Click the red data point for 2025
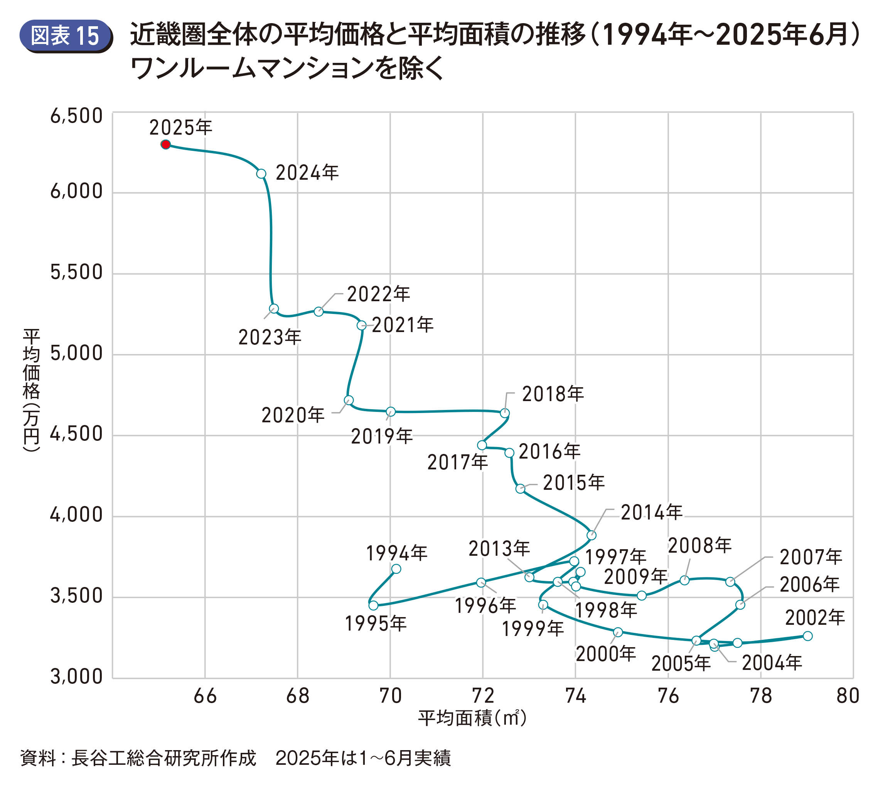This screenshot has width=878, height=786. pos(165,144)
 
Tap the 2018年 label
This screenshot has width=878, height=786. pos(553,394)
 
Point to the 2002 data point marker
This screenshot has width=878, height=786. pos(807,636)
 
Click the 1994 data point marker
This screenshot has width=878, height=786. pos(396,569)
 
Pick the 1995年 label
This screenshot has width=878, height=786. pos(375,624)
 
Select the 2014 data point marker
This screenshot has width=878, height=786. pos(591,535)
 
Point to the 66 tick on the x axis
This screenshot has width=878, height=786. pos(205,696)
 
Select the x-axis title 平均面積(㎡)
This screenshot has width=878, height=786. pos(472,718)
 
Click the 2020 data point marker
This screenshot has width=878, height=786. pos(349,400)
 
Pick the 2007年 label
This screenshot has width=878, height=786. pos(810,557)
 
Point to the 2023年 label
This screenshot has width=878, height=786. pos(270,337)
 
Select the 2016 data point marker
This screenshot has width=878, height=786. pos(509,453)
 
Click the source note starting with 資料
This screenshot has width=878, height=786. pos(235,758)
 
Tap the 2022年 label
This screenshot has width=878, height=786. pos(378,294)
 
